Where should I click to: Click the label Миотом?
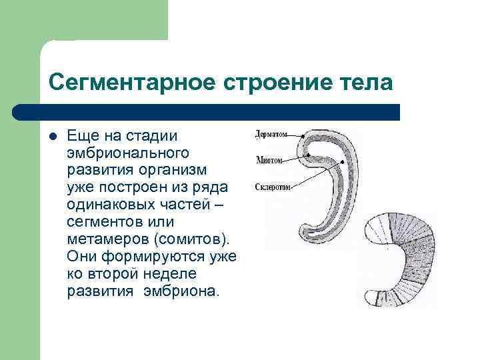[269, 161]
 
